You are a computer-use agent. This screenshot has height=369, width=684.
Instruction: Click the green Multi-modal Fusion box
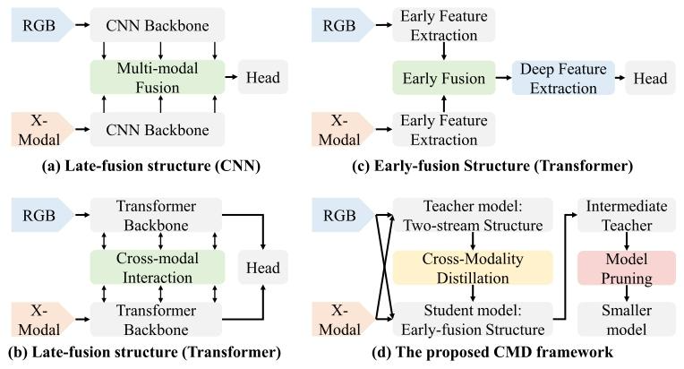(156, 78)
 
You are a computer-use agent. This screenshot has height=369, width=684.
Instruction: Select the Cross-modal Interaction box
(156, 267)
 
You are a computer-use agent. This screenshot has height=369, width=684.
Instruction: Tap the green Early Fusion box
(444, 79)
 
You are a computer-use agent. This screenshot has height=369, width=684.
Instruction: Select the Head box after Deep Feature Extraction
(651, 79)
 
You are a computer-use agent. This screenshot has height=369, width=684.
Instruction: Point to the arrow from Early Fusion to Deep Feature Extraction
(500, 79)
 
